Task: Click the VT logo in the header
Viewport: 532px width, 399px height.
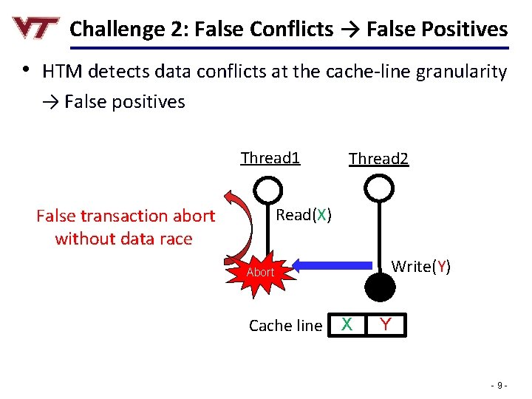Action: (x=35, y=28)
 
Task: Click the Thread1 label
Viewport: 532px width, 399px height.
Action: (x=270, y=157)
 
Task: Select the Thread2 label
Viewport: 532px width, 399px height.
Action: (x=378, y=159)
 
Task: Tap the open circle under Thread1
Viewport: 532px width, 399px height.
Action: (x=272, y=188)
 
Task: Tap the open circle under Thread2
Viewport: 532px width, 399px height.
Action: (x=378, y=188)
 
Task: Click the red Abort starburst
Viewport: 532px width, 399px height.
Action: (x=260, y=272)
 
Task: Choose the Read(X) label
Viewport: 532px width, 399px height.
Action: (x=303, y=215)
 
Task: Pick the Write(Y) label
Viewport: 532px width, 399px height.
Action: (x=420, y=266)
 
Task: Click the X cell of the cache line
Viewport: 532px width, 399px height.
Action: (x=346, y=324)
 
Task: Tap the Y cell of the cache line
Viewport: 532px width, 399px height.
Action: (x=386, y=324)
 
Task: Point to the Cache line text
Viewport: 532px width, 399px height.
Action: (x=285, y=325)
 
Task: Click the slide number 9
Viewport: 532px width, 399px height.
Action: (x=500, y=385)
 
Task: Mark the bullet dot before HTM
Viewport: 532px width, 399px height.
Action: (x=25, y=70)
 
